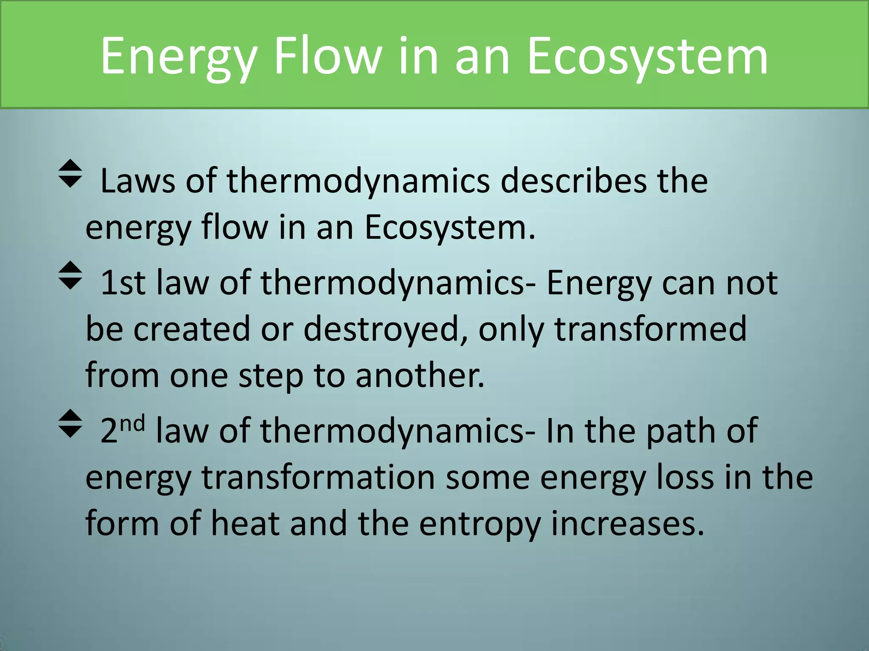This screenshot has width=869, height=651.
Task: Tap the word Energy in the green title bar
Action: (179, 57)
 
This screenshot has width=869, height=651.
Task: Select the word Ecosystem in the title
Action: (647, 57)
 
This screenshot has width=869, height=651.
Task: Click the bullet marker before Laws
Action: (70, 173)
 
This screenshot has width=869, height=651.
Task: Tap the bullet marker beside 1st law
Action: (70, 275)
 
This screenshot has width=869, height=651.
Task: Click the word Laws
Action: (137, 181)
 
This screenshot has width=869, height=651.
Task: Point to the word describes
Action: (573, 181)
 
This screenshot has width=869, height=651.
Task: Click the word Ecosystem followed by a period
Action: (450, 228)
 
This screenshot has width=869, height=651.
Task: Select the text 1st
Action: (123, 283)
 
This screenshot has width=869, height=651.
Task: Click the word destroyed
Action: (381, 329)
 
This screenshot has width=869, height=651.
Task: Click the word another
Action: (420, 376)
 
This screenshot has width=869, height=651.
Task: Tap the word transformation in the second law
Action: (318, 478)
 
